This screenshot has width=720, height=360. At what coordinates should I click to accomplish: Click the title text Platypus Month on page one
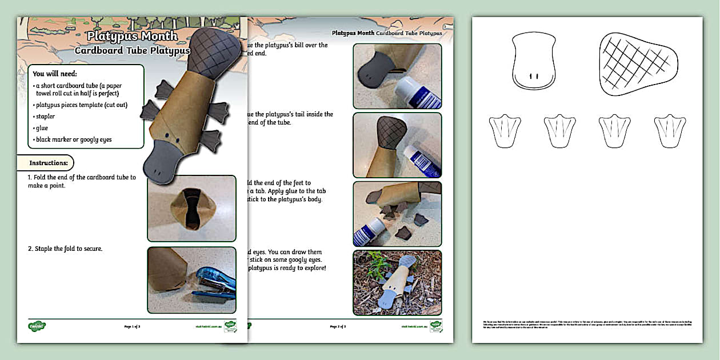(132, 36)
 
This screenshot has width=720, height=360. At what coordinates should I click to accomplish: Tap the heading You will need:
(55, 74)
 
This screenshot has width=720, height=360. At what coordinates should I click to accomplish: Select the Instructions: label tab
(49, 163)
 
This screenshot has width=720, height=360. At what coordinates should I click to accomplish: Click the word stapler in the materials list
(45, 116)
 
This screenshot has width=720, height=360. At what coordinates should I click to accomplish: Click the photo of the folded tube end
(192, 209)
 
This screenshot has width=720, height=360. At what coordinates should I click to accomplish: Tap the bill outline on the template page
(533, 61)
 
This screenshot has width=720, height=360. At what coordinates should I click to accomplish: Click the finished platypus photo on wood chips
(397, 282)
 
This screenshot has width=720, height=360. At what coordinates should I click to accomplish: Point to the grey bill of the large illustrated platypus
(169, 163)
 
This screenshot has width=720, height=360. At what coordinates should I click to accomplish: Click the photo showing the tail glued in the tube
(397, 145)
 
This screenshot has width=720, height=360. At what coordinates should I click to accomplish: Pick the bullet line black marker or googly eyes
(73, 139)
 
